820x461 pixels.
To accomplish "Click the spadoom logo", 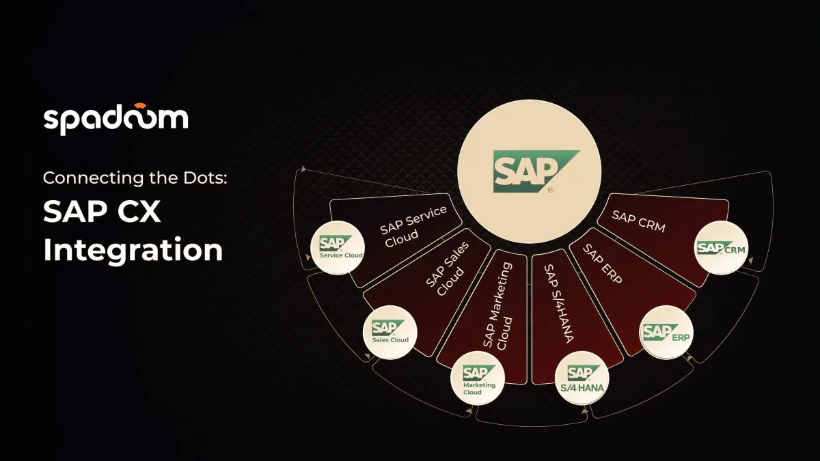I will pos(115,118).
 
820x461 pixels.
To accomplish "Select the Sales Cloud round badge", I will pos(390,332).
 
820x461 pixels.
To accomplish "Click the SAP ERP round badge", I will pos(667,333).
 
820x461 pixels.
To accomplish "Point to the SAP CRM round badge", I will pos(722,248).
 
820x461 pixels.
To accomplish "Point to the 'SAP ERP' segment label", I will pos(603,264).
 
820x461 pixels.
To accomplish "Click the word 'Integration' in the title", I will pos(133,250).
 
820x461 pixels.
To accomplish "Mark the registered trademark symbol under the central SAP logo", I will pos(551,189).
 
